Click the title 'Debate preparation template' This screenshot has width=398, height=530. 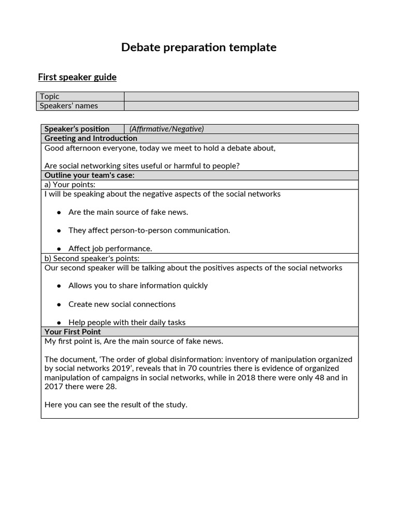[198, 48]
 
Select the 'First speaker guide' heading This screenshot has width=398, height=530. [77, 77]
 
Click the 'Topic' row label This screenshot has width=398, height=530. [50, 96]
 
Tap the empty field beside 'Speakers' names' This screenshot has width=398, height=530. [241, 106]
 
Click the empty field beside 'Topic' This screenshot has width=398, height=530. [241, 96]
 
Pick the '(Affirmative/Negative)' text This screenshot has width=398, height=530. [166, 129]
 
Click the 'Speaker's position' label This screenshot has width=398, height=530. [77, 129]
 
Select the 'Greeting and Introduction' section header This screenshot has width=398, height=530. [91, 138]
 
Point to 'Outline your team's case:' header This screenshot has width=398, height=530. [89, 175]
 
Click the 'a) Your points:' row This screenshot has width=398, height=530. [70, 185]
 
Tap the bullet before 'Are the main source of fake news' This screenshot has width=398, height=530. [59, 212]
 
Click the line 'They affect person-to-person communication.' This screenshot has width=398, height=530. [149, 230]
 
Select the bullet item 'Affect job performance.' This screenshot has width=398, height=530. [110, 248]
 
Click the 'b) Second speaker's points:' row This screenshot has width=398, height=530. [92, 258]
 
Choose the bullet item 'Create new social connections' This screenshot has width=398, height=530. [122, 304]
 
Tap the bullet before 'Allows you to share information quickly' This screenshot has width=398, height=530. [59, 286]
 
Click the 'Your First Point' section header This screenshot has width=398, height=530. [73, 332]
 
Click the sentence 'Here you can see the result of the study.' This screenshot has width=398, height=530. [116, 405]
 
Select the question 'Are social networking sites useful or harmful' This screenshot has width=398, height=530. [142, 166]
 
